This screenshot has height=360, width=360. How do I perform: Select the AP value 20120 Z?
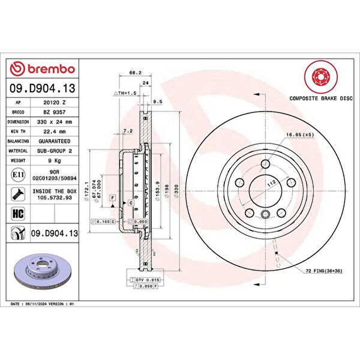tap(55, 103)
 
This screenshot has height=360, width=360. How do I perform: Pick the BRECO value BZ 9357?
tap(55, 112)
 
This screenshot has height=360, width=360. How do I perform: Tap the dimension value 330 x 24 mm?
tap(55, 122)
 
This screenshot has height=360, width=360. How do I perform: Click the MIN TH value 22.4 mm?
tap(55, 131)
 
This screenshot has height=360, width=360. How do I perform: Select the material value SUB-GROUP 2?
tap(55, 151)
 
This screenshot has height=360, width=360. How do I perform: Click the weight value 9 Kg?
tap(55, 161)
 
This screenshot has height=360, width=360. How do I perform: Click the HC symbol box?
tap(18, 212)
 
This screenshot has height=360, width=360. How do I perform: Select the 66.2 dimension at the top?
tap(135, 73)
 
